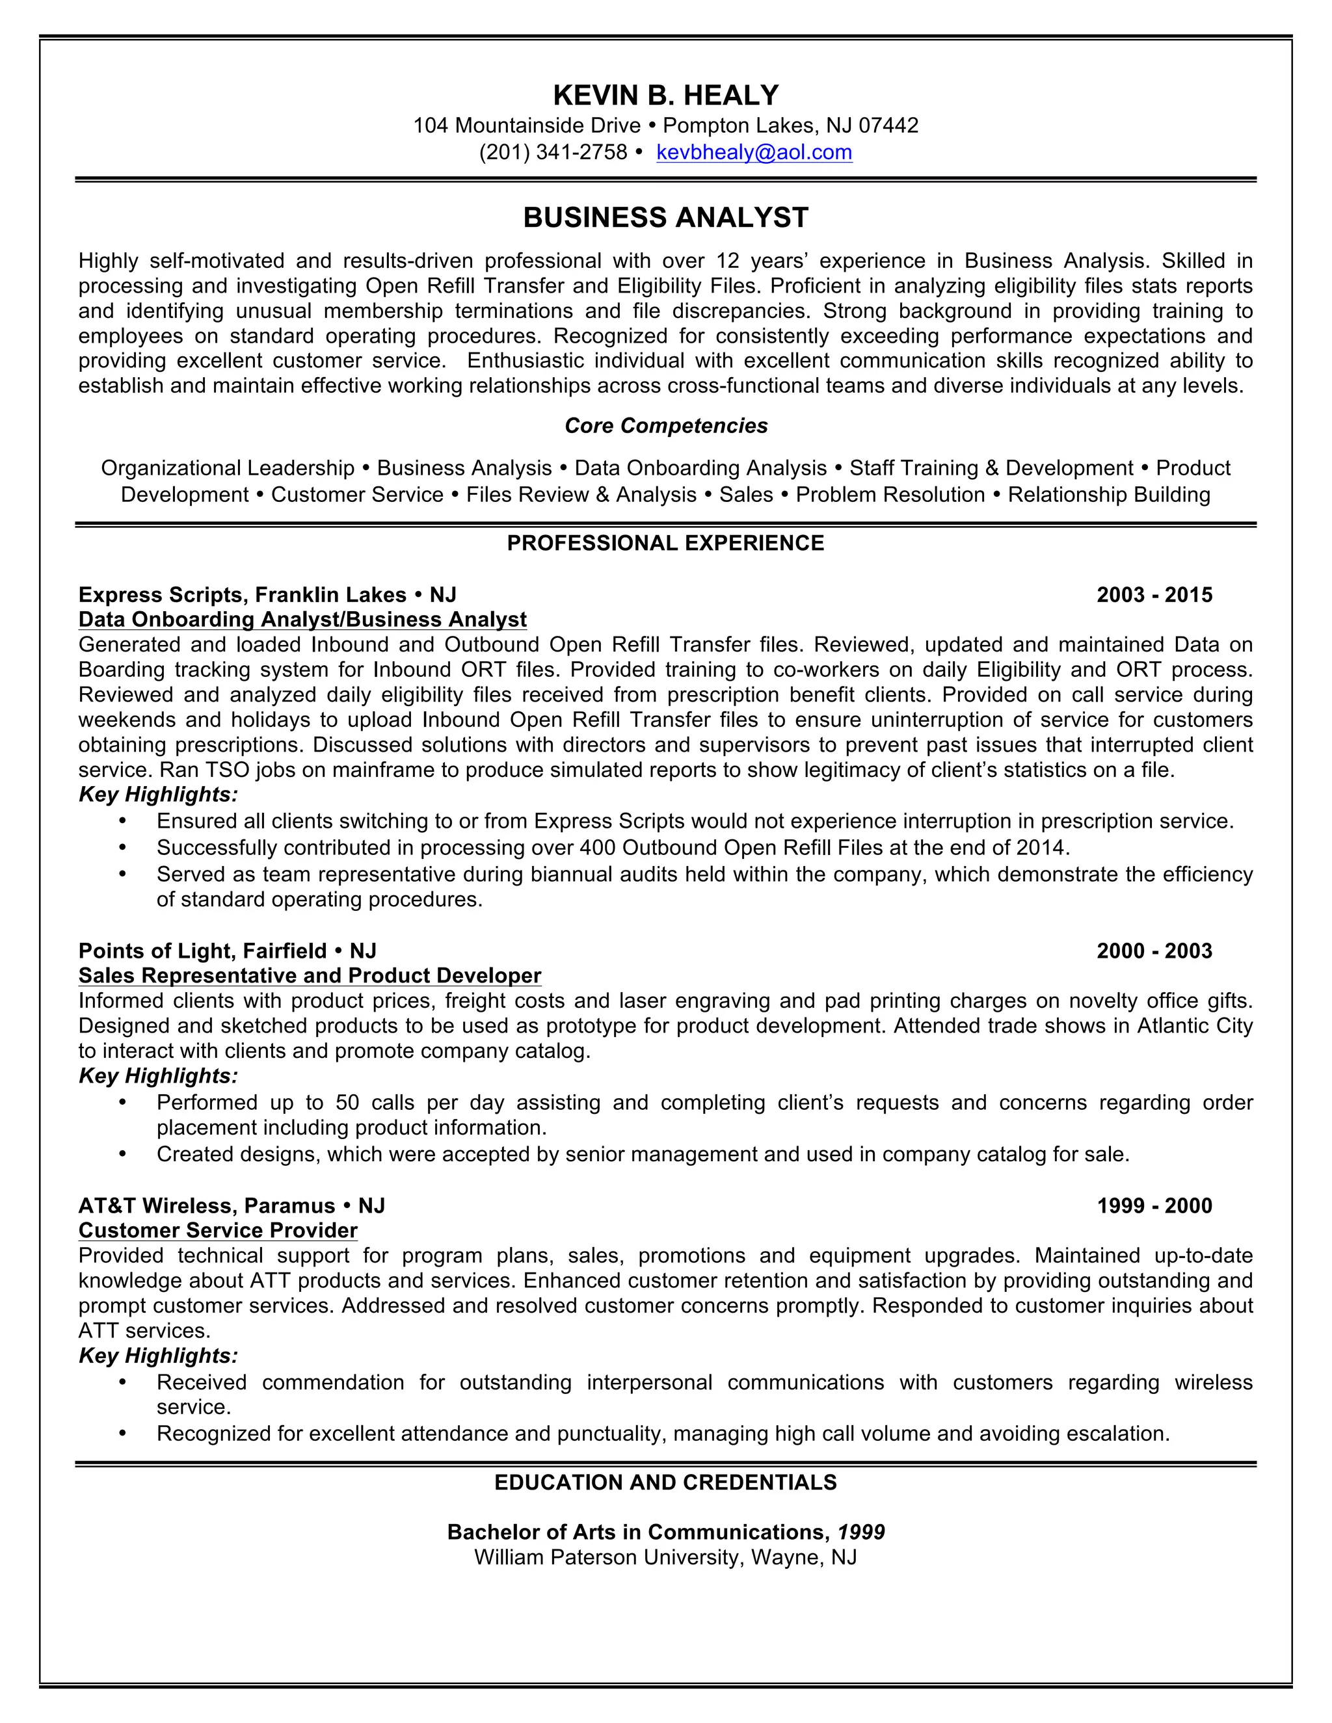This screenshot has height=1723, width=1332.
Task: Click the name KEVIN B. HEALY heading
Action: coord(665,96)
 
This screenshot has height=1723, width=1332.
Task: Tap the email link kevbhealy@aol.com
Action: coord(754,152)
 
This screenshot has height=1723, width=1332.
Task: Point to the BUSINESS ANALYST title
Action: coord(665,218)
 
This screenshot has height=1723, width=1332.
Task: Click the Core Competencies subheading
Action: coord(665,426)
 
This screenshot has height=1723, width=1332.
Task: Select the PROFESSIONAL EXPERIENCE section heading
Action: coord(665,543)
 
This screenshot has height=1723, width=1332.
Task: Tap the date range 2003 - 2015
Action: coord(1154,595)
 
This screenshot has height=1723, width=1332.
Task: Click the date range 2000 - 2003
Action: coord(1154,951)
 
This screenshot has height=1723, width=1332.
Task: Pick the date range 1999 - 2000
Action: coord(1154,1205)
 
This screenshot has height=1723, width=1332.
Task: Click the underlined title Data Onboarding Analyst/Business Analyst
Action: coord(302,619)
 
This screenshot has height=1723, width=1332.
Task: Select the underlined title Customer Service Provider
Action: coord(218,1231)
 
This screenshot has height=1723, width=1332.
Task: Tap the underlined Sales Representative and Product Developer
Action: coord(310,976)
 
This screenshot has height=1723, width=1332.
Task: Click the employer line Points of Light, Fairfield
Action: coord(227,951)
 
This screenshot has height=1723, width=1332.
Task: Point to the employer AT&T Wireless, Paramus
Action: coord(231,1205)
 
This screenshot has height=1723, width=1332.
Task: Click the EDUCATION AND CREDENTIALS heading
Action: coord(665,1482)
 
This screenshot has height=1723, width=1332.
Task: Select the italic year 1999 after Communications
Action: coord(861,1532)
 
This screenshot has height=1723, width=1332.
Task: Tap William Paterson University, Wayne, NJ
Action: coord(665,1557)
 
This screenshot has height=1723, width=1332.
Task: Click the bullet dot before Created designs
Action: coord(122,1154)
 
